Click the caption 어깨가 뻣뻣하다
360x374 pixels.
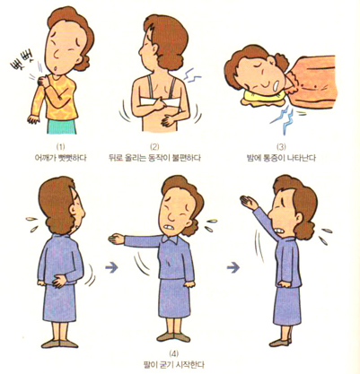[x=61, y=158]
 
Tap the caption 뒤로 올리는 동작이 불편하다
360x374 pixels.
[x=154, y=158]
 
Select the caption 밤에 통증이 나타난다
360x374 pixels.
[x=280, y=158]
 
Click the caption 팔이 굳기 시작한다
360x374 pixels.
[x=174, y=365]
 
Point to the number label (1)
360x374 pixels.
[x=61, y=147]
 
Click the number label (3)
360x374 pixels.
[x=281, y=147]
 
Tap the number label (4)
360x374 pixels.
[x=173, y=354]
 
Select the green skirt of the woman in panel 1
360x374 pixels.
[x=62, y=126]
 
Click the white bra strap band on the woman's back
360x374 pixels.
[x=160, y=101]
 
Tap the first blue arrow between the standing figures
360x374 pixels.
[x=111, y=267]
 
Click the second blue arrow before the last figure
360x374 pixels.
[x=233, y=267]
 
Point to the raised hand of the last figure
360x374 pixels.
[x=249, y=202]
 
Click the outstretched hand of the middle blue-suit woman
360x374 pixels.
[x=116, y=239]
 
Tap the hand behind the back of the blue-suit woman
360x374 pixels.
[x=59, y=281]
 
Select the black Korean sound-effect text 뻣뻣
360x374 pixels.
[x=22, y=62]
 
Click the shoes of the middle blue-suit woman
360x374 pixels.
[x=173, y=337]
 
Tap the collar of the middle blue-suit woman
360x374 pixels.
[x=170, y=239]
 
